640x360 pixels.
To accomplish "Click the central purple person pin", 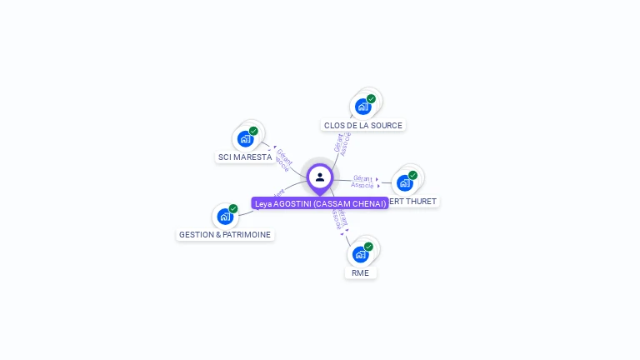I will [320, 177].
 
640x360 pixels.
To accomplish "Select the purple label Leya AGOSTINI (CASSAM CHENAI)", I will [320, 203].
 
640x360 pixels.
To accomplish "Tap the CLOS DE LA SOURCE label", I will [363, 126].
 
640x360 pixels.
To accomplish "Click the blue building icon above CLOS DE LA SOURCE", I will [362, 107].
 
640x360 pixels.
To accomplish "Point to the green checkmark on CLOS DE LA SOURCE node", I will [371, 99].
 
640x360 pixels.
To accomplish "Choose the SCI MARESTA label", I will [245, 157].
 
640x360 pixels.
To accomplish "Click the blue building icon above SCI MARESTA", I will [244, 138].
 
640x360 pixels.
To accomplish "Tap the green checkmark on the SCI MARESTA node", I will [253, 131].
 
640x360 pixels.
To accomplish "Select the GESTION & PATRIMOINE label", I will [225, 235].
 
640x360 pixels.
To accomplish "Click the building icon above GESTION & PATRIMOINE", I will [224, 217].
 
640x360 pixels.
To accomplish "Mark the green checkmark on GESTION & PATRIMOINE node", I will [233, 208].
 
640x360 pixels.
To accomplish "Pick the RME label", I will [360, 272].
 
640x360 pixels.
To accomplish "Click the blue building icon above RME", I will [359, 254].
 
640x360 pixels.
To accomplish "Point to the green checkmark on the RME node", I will [368, 247].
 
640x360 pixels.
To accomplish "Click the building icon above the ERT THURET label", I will [404, 183].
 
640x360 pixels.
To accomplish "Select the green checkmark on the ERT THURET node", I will [412, 175].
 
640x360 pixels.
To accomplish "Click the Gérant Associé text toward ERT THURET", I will [362, 182].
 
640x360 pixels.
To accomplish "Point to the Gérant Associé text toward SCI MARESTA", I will [283, 159].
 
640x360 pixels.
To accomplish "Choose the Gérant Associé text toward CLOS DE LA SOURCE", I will [342, 143].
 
